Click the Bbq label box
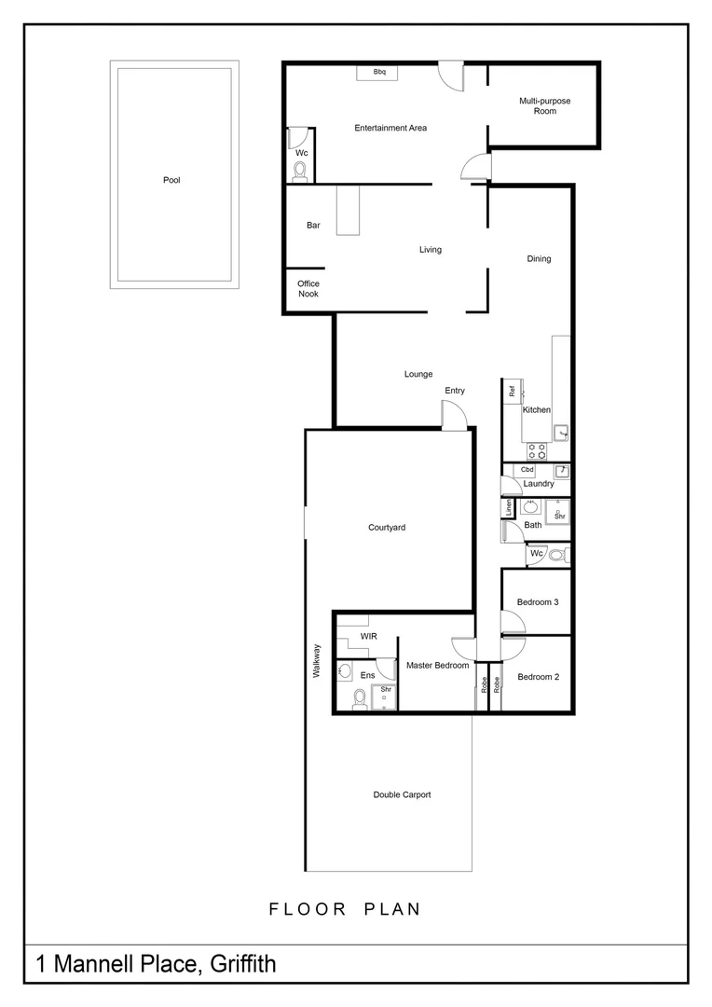pos(379,72)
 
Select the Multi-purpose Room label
pos(545,105)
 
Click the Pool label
pos(171,180)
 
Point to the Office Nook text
pos(308,289)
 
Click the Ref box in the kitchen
pos(513,392)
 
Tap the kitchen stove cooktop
pos(537,450)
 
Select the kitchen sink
pos(561,431)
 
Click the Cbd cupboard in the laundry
pos(527,470)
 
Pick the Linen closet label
pos(509,508)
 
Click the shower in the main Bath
pos(558,512)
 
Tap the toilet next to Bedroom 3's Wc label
pos(556,555)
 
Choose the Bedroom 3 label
pos(538,602)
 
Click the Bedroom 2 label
pos(538,677)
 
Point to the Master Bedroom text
pos(437,666)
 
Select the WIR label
pos(368,637)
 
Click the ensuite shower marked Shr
pos(385,696)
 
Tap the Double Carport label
pos(402,795)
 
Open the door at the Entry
pos(454,415)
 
